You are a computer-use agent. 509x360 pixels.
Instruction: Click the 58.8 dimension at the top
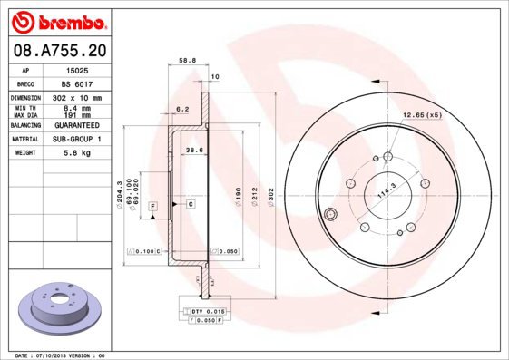pos(187,61)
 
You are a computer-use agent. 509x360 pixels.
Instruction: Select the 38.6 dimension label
pos(193,150)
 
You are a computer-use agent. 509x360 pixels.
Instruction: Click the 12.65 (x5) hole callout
pos(422,115)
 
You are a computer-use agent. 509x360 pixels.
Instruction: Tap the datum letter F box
pos(153,208)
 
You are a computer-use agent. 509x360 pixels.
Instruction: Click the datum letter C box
pos(191,205)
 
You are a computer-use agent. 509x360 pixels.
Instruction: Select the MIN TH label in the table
pos(24,108)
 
